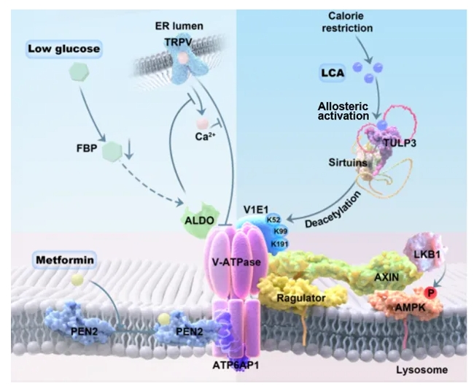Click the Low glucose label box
tap(64, 50)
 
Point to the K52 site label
tap(275, 218)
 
